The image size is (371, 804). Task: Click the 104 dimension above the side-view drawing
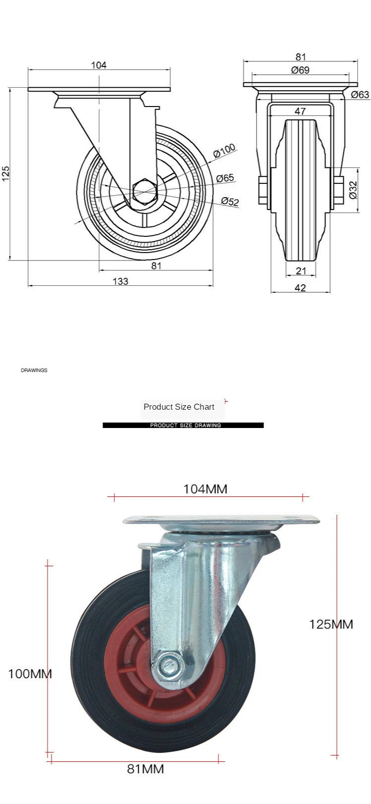tap(99, 65)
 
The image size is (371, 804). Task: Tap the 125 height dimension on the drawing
tap(5, 173)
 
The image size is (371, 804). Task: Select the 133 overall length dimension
tap(120, 281)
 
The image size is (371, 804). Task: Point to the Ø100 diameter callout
tap(224, 151)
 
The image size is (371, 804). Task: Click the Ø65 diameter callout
tap(225, 178)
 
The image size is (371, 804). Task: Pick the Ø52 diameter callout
tap(230, 201)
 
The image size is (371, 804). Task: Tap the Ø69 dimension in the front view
tap(300, 70)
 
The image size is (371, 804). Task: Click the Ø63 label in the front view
tap(360, 95)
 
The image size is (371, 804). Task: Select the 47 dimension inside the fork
tap(300, 111)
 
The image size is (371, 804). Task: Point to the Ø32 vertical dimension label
tap(354, 190)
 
